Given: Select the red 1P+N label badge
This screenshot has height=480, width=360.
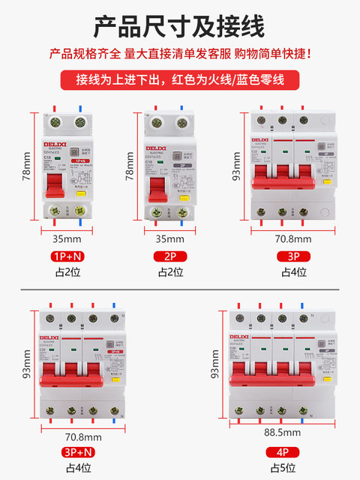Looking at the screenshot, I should click(67, 256).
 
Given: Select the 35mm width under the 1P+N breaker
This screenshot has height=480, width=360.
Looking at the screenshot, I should click(67, 239).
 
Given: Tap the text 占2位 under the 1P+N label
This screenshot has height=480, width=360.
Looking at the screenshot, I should click(67, 271).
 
